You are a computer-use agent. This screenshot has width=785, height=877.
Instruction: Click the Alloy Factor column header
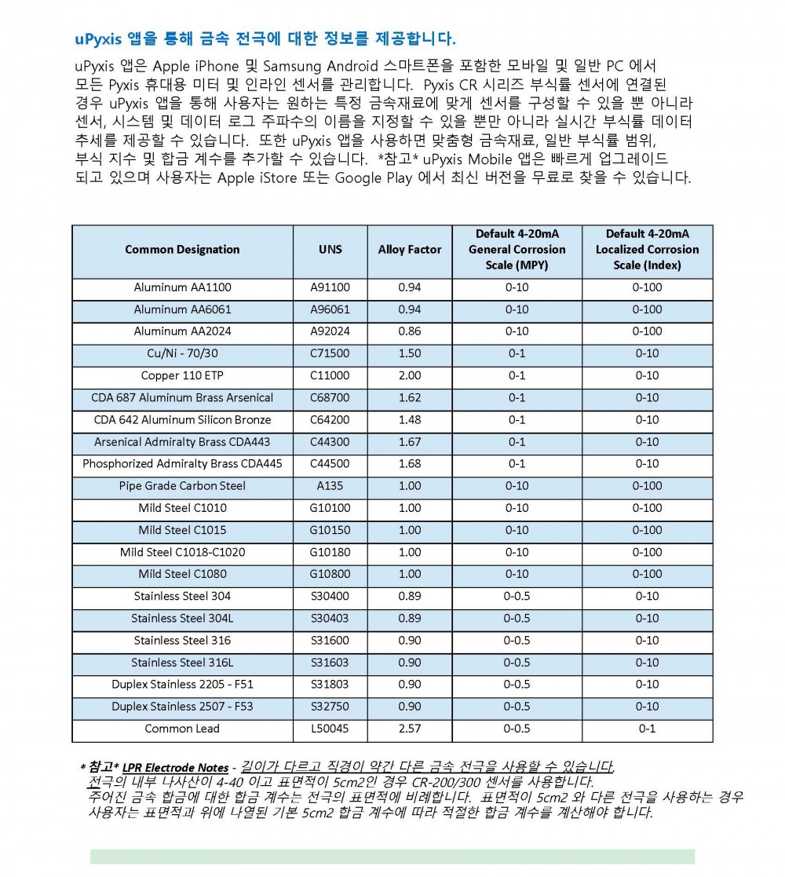coord(410,250)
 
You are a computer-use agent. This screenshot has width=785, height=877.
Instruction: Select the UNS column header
coord(330,250)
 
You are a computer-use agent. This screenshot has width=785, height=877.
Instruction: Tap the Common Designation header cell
coord(182,250)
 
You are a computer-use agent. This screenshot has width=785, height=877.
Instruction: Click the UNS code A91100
coord(330,287)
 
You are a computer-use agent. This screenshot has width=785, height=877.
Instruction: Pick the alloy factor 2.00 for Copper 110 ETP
coord(410,375)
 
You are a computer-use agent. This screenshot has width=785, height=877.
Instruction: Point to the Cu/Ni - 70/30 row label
coord(182,353)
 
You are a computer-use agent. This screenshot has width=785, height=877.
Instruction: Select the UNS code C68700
coord(330,397)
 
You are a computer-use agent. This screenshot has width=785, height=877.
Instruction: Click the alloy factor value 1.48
coord(410,420)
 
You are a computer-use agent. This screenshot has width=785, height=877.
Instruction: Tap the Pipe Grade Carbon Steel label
coord(182,486)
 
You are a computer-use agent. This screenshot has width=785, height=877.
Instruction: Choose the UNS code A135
coord(330,486)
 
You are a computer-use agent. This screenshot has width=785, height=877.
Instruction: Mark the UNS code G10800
coord(330,574)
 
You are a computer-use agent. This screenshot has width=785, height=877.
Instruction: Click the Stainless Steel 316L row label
coord(182,663)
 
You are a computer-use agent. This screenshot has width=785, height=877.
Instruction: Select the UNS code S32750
coord(330,707)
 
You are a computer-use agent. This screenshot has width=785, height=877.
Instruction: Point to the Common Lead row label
coord(182,729)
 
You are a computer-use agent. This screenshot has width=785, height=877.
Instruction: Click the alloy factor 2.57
coord(410,729)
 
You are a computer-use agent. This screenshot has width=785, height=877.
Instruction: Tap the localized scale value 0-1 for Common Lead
coord(647,729)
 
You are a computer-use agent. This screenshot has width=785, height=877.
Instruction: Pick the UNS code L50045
coord(330,729)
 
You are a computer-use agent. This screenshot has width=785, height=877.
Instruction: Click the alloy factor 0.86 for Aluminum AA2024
coord(410,331)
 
